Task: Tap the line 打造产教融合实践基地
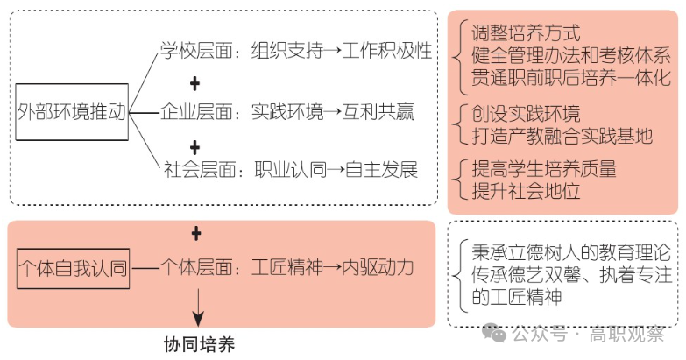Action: tap(562, 136)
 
